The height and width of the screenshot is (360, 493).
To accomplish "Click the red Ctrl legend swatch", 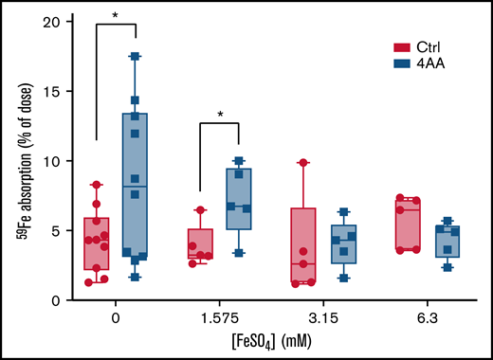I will pyautogui.click(x=401, y=47).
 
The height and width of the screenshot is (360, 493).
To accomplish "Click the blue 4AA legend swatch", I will pyautogui.click(x=401, y=63).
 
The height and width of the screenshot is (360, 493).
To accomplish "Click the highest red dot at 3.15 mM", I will pyautogui.click(x=303, y=163).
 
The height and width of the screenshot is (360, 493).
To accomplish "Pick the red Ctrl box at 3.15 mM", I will pyautogui.click(x=303, y=244).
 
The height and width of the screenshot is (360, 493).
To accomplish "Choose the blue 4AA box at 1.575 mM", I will pyautogui.click(x=239, y=199).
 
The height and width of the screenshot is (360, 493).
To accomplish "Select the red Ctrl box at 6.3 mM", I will pyautogui.click(x=408, y=225).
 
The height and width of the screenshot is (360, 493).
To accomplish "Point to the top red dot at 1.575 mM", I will pyautogui.click(x=199, y=209).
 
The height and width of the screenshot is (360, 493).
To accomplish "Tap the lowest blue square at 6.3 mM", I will pyautogui.click(x=447, y=267).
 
